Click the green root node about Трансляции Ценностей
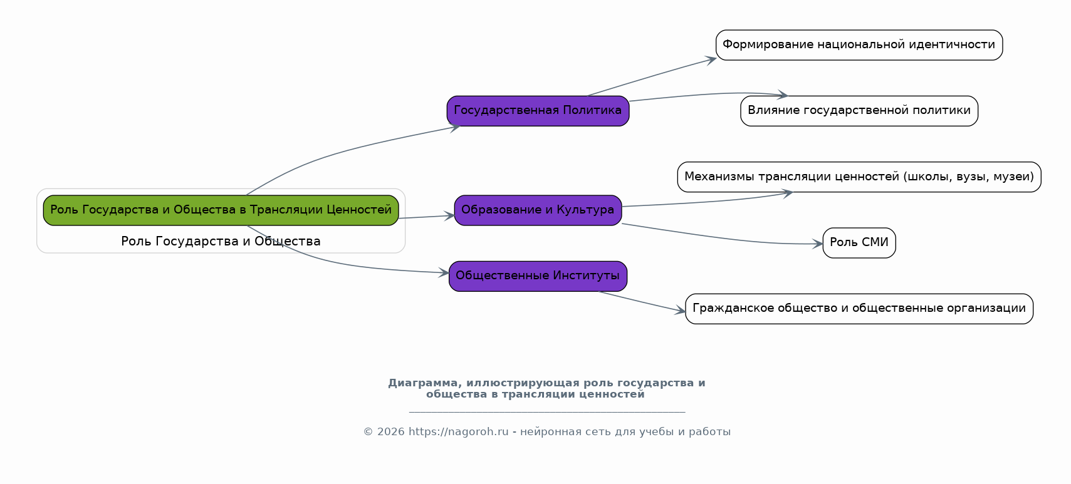tap(221, 210)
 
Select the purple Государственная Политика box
tap(538, 111)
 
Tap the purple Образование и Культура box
tap(538, 210)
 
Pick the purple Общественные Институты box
tap(538, 276)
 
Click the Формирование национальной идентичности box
tap(859, 45)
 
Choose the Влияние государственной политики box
tap(859, 111)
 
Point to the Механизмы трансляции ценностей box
tap(859, 177)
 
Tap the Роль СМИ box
tap(859, 243)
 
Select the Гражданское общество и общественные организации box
tap(859, 309)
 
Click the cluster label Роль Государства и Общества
tap(221, 241)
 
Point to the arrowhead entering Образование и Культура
tap(449, 216)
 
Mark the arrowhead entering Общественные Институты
tap(444, 273)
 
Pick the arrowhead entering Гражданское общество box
tap(680, 311)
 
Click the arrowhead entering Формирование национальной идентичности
tap(711, 59)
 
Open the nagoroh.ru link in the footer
tap(458, 432)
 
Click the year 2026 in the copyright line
tap(390, 432)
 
